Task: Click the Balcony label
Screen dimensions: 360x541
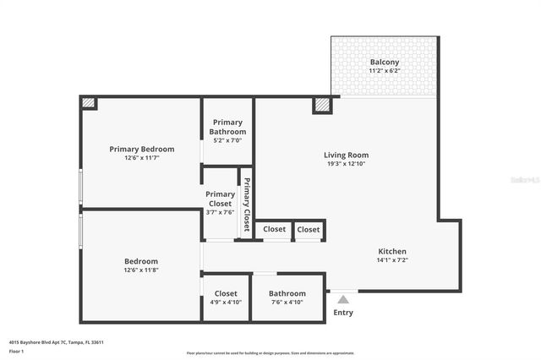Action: (385, 63)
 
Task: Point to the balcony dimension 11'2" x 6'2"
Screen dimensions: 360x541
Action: (385, 71)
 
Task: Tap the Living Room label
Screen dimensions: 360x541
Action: (346, 155)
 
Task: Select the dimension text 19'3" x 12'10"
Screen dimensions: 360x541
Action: (346, 163)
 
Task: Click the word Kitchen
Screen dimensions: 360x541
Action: (392, 251)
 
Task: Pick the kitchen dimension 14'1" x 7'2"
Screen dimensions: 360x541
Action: (392, 260)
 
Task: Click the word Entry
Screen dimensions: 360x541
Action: (343, 312)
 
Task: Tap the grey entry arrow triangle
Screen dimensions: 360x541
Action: (342, 298)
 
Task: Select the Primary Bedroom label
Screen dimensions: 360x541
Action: (141, 149)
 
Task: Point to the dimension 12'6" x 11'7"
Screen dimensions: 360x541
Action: (141, 158)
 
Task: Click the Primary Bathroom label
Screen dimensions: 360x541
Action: (228, 127)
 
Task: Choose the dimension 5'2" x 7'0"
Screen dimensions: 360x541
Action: (228, 140)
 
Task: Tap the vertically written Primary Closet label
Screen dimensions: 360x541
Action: (247, 205)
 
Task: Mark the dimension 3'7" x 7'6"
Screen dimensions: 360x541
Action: (220, 212)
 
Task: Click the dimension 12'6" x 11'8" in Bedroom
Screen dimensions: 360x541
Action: (141, 270)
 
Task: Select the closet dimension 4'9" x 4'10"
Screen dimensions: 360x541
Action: (226, 303)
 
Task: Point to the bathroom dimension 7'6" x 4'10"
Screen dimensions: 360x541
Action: (288, 303)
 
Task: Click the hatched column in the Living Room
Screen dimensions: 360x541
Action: (321, 106)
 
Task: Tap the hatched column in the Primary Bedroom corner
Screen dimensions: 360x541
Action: (89, 103)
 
